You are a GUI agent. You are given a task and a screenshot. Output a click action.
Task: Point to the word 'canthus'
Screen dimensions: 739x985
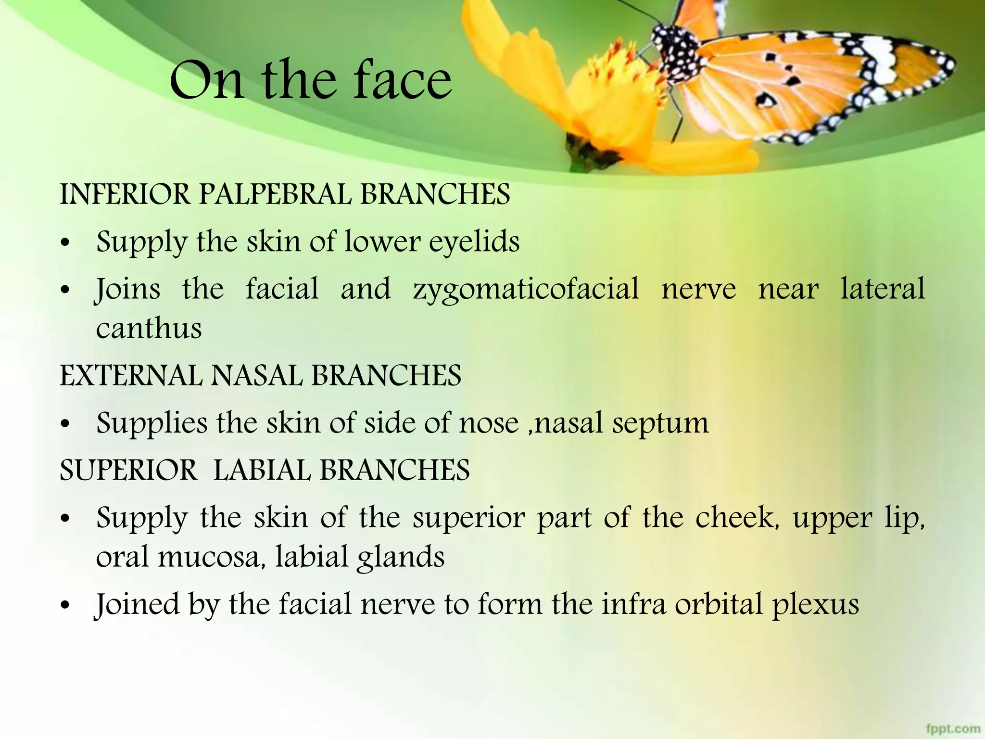tap(149, 329)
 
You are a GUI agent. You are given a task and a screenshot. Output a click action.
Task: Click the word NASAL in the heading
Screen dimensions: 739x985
tap(257, 376)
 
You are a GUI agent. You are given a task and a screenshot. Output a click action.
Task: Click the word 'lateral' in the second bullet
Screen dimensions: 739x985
tap(883, 289)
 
